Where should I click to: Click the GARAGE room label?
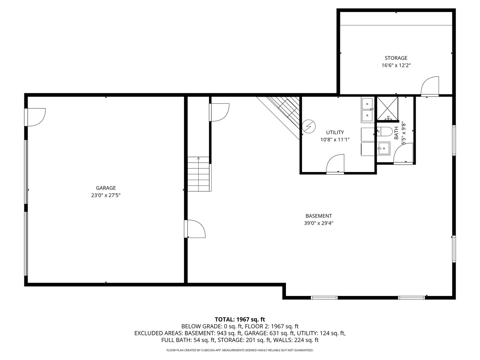point(106,188)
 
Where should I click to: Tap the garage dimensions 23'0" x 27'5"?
point(106,196)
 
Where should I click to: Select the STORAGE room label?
point(396,58)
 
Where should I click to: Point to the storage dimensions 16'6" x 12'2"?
point(396,66)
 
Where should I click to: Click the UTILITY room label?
point(335,132)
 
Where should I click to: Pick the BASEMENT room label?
point(319,216)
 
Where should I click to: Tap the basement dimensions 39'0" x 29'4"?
point(319,224)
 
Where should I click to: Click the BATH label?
point(396,133)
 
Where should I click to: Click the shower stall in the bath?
point(387,108)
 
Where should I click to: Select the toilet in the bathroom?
point(385,132)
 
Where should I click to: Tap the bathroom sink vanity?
point(384,148)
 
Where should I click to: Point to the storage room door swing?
point(430,87)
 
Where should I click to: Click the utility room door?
point(335,164)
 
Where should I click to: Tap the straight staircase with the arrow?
point(199,174)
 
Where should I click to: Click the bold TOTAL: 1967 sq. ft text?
point(240,319)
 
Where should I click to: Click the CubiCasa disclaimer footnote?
point(240,350)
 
